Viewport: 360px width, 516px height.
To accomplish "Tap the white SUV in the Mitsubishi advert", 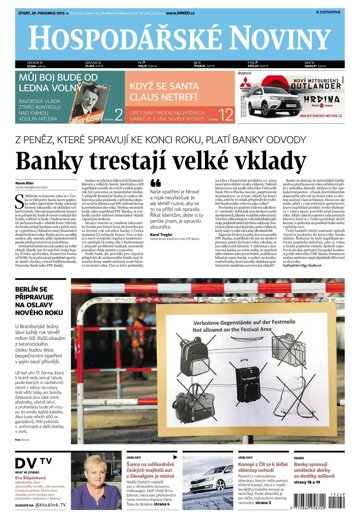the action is coord(267,101).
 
